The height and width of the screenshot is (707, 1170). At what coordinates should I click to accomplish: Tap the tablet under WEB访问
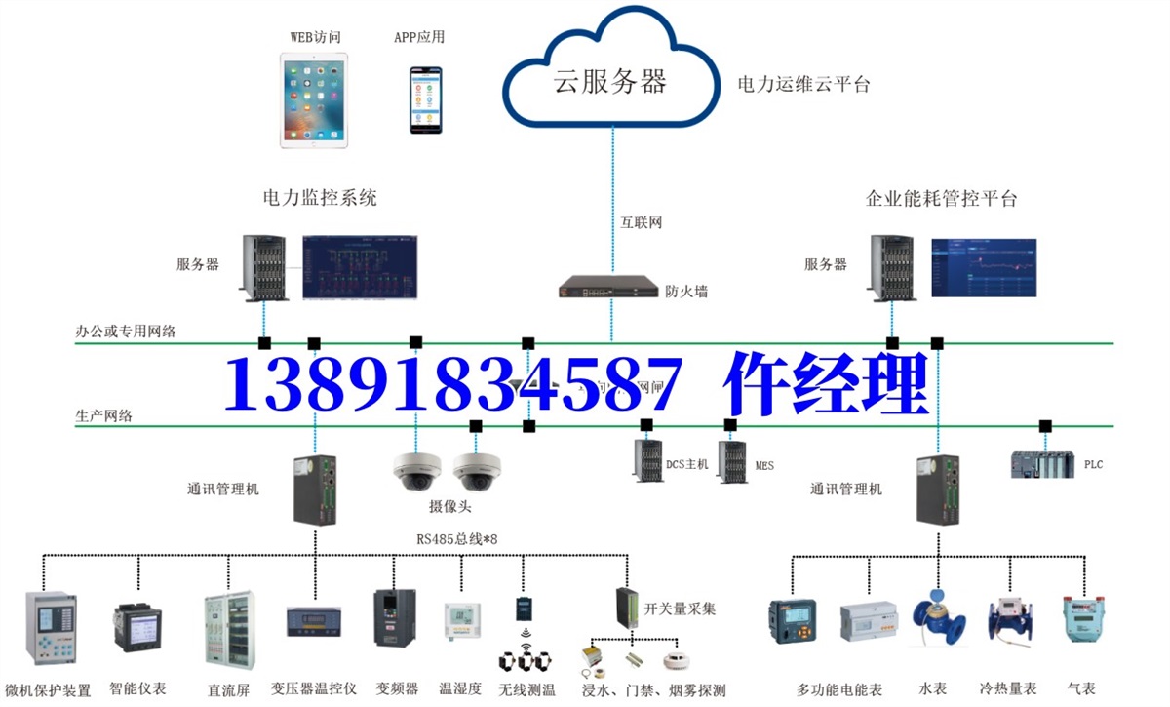pos(314,99)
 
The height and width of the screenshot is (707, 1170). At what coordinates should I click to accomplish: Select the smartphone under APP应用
pos(425,99)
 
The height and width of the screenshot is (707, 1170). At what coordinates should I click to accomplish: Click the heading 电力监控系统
pos(319,198)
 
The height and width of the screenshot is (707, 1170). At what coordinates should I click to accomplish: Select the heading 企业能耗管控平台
pos(941,198)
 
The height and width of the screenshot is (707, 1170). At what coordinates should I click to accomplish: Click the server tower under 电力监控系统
pos(263,267)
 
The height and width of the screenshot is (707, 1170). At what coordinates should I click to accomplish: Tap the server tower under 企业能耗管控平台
pos(891,267)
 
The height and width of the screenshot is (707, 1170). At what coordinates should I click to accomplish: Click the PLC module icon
pos(1042,464)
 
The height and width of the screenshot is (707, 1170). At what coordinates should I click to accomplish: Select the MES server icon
pos(732,461)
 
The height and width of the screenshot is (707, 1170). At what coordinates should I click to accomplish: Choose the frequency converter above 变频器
pos(395,616)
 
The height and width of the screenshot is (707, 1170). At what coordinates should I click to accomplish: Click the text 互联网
pos(642,223)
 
